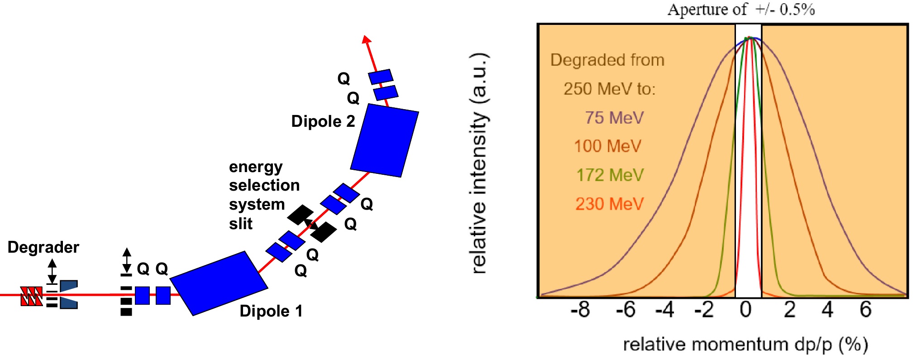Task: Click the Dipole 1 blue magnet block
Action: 219,283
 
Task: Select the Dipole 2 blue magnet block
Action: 384,140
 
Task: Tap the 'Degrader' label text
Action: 43,247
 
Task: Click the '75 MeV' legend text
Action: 614,118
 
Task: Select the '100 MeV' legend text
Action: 607,146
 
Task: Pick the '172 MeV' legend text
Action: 610,175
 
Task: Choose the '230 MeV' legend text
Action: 609,204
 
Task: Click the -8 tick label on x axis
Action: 580,310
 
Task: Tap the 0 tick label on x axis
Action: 745,310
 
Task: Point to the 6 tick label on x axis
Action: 865,310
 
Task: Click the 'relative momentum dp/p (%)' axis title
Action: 745,345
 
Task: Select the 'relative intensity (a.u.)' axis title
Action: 479,163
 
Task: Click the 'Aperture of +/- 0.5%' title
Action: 741,10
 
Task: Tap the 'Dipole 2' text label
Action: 323,121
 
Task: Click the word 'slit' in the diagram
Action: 241,224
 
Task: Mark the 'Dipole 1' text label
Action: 271,311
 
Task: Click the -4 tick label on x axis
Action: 664,310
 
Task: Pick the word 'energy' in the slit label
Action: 256,167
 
